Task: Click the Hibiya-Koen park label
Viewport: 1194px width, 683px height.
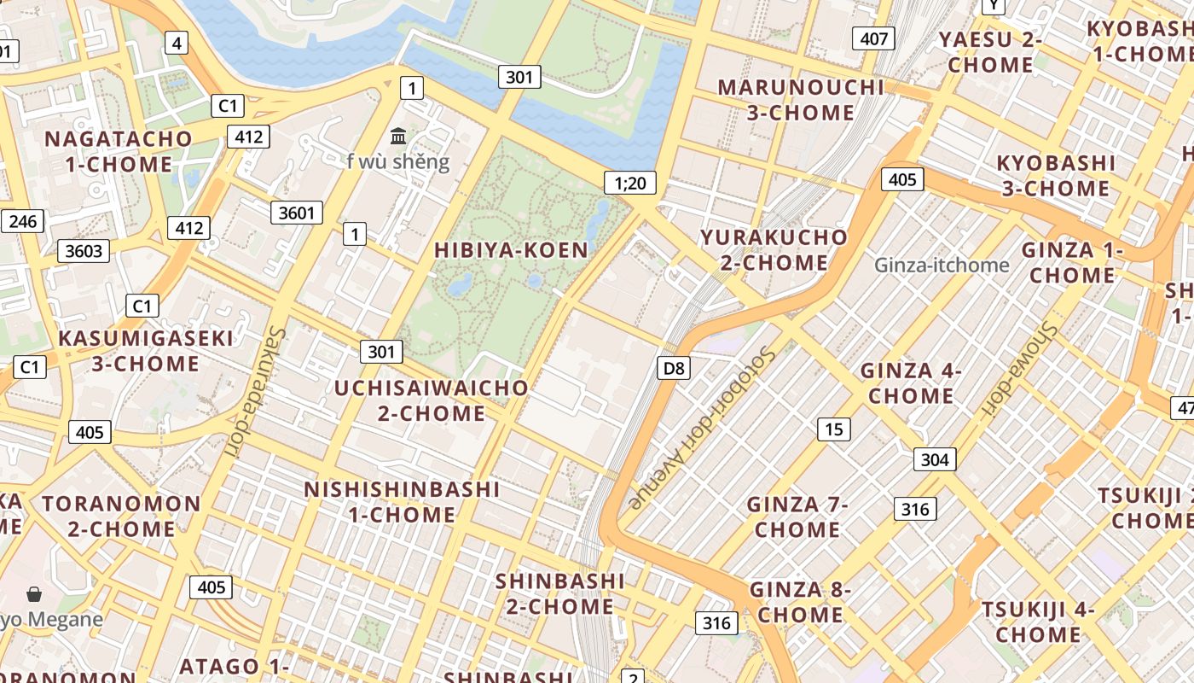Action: pyautogui.click(x=511, y=250)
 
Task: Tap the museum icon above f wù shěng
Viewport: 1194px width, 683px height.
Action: pyautogui.click(x=398, y=136)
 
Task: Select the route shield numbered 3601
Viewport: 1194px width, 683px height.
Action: pyautogui.click(x=297, y=213)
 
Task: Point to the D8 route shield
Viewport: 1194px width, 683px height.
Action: pyautogui.click(x=674, y=368)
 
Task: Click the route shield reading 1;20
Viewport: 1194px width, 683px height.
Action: pyautogui.click(x=630, y=182)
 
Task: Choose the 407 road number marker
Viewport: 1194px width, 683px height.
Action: pyautogui.click(x=874, y=38)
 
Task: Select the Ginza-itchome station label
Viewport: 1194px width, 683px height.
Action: pyautogui.click(x=942, y=265)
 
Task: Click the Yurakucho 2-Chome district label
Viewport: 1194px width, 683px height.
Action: pyautogui.click(x=774, y=249)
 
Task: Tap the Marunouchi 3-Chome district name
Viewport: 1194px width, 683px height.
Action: pyautogui.click(x=801, y=100)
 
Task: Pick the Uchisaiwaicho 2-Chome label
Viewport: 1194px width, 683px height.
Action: pyautogui.click(x=432, y=400)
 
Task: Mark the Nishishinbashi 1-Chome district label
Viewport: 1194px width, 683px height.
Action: pyautogui.click(x=402, y=502)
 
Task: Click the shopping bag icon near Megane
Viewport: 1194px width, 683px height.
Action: pyautogui.click(x=34, y=594)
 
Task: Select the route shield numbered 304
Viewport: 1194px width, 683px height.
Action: pyautogui.click(x=935, y=459)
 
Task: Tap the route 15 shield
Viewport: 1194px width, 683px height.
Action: pyautogui.click(x=833, y=429)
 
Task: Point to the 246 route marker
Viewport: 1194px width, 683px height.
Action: pyautogui.click(x=22, y=222)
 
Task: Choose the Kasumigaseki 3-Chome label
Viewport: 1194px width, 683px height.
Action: pyautogui.click(x=145, y=351)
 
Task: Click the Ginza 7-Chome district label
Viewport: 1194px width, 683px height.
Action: pyautogui.click(x=797, y=517)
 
